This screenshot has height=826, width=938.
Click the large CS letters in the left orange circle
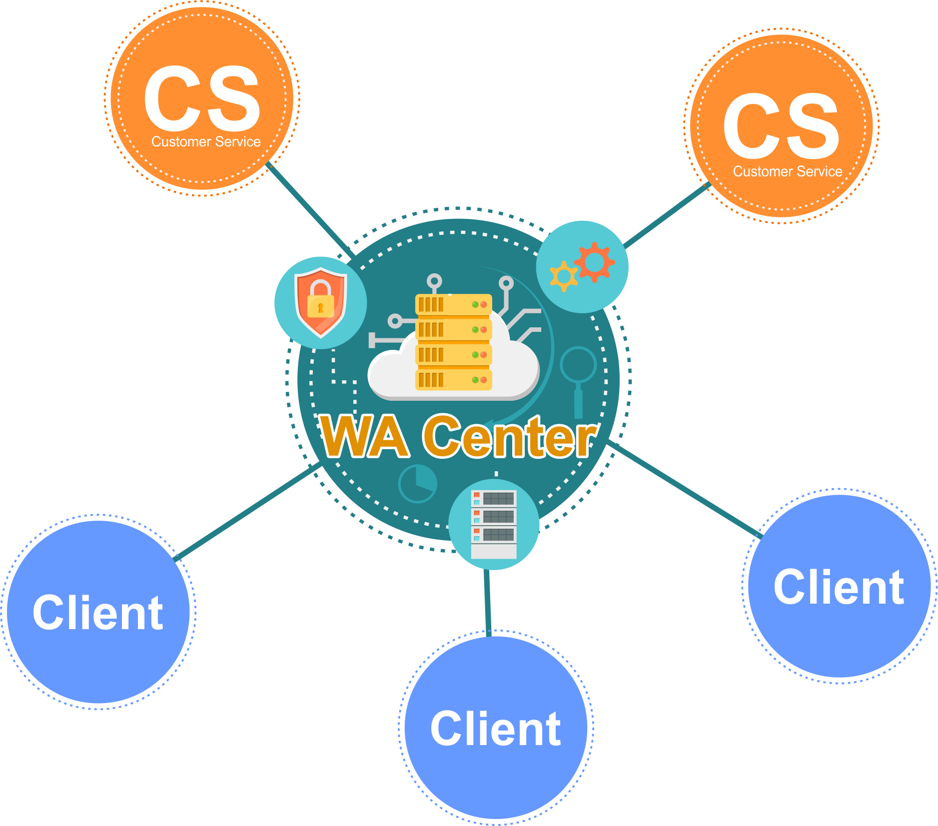[202, 98]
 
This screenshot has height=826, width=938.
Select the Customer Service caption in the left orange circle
[206, 142]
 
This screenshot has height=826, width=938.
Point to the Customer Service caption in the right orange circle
[788, 171]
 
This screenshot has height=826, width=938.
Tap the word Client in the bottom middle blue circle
[496, 729]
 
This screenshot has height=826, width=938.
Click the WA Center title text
[457, 437]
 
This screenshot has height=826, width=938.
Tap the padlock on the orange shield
[320, 300]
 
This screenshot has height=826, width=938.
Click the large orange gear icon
[595, 261]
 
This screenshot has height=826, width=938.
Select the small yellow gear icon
[564, 276]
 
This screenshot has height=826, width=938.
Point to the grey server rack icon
[494, 524]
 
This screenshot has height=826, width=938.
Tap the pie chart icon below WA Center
[418, 483]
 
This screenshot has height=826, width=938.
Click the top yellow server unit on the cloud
[453, 304]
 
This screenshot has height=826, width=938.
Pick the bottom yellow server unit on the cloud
[453, 380]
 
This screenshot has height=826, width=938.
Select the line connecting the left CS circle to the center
[310, 208]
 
